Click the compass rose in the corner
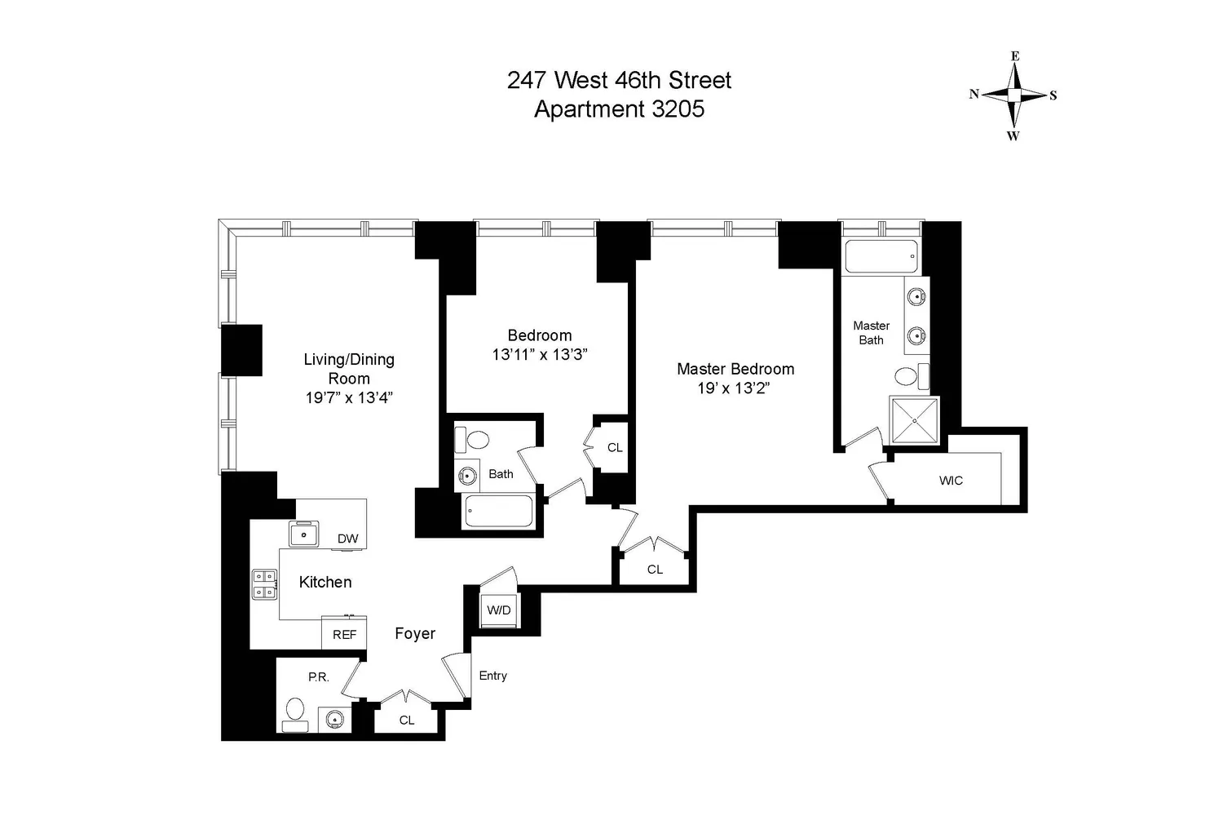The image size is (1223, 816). (1014, 95)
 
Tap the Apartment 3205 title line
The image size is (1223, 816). (619, 109)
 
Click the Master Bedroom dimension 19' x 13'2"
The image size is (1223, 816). (733, 388)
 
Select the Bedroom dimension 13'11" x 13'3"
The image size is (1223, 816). (540, 355)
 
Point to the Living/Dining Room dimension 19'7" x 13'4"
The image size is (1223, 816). (349, 398)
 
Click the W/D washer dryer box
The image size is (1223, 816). (498, 610)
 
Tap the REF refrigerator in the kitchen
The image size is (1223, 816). (344, 633)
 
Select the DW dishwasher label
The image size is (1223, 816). (348, 539)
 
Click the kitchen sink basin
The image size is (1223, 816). (303, 534)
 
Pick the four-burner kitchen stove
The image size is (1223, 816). (264, 584)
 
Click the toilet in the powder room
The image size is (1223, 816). (295, 714)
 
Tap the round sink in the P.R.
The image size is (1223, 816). (334, 719)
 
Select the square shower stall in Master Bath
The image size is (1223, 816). (915, 420)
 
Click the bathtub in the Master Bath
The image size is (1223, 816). (881, 256)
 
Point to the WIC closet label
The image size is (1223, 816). (951, 481)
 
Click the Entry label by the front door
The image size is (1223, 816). (493, 676)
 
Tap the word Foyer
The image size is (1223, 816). (415, 633)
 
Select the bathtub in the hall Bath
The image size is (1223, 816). (499, 512)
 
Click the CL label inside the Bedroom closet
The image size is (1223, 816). (615, 448)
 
